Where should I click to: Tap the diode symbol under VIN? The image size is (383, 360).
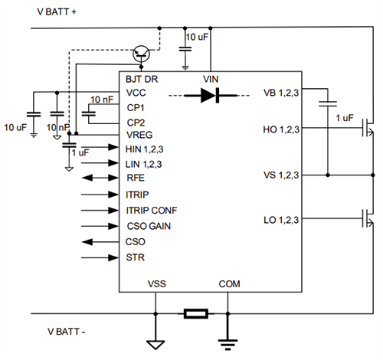211,95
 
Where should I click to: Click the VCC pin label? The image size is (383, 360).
136,93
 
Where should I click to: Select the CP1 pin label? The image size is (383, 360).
136,108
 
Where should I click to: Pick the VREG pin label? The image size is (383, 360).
139,136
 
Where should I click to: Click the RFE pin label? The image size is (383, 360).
135,178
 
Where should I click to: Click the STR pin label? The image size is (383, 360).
135,257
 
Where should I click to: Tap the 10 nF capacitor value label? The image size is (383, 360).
101,100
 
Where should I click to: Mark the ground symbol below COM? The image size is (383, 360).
227,342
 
